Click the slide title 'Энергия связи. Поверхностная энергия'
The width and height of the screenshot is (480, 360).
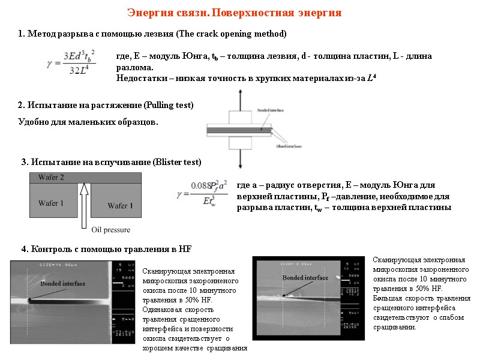[x=234, y=13]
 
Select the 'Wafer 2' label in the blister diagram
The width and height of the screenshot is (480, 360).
[x=52, y=177]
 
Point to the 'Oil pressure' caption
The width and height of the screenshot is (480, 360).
[x=110, y=230]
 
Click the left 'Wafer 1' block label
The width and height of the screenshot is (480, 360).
[x=52, y=203]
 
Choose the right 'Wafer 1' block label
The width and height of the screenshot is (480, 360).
[x=120, y=206]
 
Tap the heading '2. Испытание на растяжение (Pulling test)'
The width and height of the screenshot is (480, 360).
[x=106, y=106]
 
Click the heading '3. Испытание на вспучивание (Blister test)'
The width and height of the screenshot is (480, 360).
[x=111, y=162]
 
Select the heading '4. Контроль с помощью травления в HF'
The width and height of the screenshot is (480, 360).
[x=106, y=249]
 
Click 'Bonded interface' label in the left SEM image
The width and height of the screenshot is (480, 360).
[x=63, y=283]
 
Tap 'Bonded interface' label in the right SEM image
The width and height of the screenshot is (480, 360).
[x=305, y=278]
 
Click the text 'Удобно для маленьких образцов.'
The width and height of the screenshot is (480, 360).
[x=88, y=122]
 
